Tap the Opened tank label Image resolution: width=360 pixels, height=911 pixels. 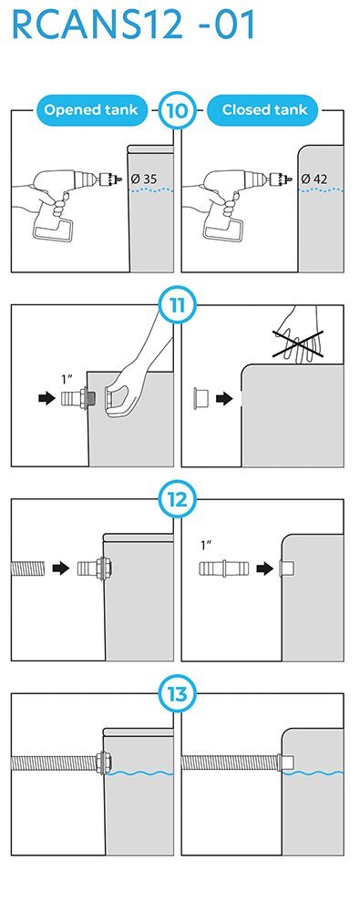(x=91, y=110)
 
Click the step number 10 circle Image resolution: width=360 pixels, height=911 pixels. (x=177, y=110)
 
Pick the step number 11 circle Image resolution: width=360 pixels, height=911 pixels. (x=177, y=305)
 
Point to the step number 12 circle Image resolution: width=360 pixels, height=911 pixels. (x=177, y=499)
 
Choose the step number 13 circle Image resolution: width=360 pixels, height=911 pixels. (x=177, y=693)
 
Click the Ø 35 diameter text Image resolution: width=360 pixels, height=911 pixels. (x=144, y=179)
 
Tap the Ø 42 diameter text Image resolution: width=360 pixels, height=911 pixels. (x=314, y=179)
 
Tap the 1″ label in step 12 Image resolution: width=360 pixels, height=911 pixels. (x=206, y=546)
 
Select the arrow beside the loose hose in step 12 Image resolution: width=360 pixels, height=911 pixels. (x=61, y=568)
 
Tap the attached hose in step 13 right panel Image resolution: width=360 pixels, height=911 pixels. (x=230, y=763)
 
